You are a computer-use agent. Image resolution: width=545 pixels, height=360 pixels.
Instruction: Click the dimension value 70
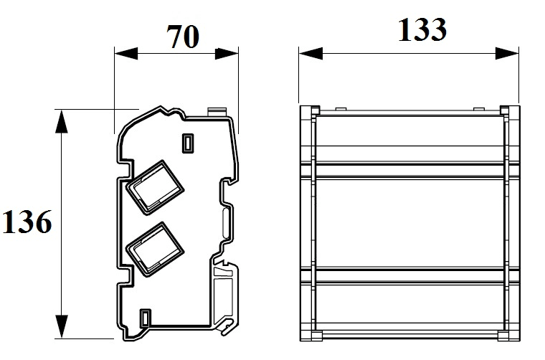click(x=183, y=37)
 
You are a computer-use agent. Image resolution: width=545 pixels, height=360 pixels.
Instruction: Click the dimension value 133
click(x=422, y=30)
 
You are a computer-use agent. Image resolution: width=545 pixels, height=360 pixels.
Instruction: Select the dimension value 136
click(x=27, y=222)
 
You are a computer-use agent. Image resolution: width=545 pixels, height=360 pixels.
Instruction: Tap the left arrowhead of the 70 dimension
click(x=125, y=54)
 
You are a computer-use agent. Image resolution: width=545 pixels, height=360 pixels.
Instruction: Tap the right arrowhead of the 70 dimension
click(x=227, y=54)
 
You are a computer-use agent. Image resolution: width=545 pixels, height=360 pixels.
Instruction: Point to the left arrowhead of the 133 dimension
click(x=311, y=54)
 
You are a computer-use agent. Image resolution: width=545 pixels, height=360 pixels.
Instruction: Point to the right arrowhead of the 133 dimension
click(x=507, y=54)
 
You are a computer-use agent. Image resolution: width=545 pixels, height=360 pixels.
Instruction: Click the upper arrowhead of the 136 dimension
click(x=62, y=121)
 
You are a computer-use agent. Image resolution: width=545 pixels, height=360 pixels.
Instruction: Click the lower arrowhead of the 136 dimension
click(x=62, y=326)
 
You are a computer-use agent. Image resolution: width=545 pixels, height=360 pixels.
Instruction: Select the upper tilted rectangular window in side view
click(x=154, y=188)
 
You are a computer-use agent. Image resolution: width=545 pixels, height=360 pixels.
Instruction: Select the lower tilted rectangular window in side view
click(x=154, y=249)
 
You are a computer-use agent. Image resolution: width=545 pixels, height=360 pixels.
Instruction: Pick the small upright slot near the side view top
click(x=188, y=143)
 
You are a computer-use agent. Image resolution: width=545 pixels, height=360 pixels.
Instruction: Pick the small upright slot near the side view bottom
click(x=145, y=318)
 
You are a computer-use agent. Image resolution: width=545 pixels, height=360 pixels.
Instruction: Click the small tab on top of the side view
click(x=217, y=112)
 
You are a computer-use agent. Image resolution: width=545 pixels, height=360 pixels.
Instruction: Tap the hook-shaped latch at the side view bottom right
click(x=227, y=326)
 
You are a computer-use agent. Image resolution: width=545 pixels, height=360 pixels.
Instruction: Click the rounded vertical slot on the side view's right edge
click(x=226, y=222)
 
